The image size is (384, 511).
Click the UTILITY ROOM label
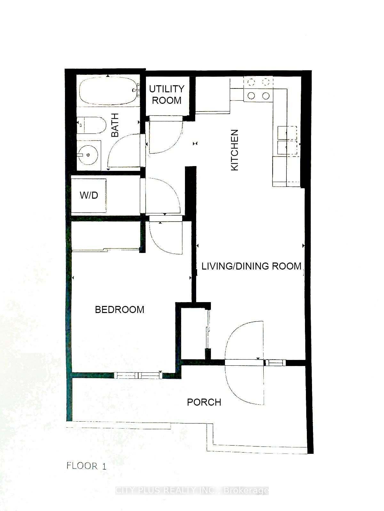(x=167, y=95)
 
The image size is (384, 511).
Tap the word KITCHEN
(x=235, y=150)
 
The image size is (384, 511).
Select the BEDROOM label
(x=120, y=309)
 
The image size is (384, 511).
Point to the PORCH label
(x=204, y=402)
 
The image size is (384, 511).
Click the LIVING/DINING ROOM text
(x=252, y=266)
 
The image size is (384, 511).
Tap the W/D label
(x=89, y=195)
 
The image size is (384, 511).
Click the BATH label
(x=115, y=125)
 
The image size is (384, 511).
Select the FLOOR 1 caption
(x=86, y=466)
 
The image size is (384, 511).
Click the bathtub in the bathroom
(x=108, y=91)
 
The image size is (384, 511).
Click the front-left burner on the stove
(x=252, y=95)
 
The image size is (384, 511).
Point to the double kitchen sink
(x=287, y=140)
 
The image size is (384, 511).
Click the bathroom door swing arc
(x=123, y=150)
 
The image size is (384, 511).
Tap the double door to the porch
(x=245, y=362)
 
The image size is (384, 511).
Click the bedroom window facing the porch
(x=138, y=376)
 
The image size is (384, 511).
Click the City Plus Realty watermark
(x=192, y=491)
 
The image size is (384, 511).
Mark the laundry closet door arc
(x=162, y=195)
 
